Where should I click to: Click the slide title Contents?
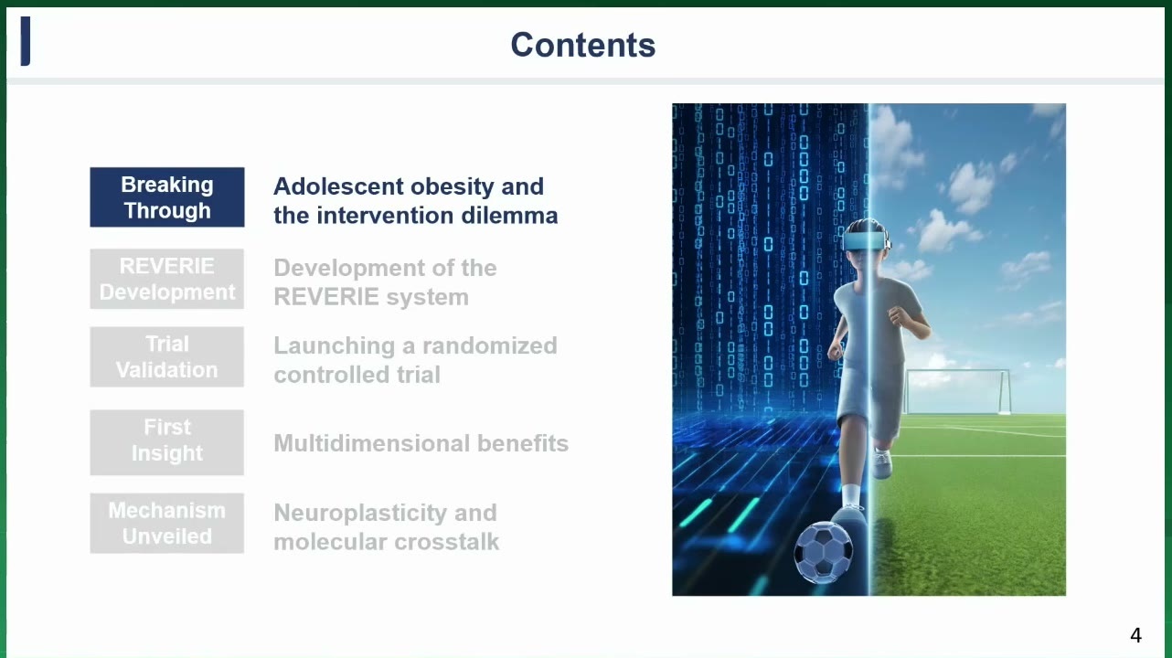pyautogui.click(x=583, y=45)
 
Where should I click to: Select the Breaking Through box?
pyautogui.click(x=167, y=197)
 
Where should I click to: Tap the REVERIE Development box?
pyautogui.click(x=167, y=279)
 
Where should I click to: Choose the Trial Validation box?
pyautogui.click(x=167, y=356)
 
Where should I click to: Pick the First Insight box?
pyautogui.click(x=167, y=442)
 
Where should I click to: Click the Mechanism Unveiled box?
pyautogui.click(x=167, y=523)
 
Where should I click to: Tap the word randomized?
pyautogui.click(x=489, y=345)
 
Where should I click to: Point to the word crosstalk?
pyautogui.click(x=446, y=542)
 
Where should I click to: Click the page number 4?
pyautogui.click(x=1135, y=635)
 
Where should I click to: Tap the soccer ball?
pyautogui.click(x=823, y=552)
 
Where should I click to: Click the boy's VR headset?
pyautogui.click(x=864, y=241)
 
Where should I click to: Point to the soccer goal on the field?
pyautogui.click(x=957, y=392)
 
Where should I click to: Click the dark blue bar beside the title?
pyautogui.click(x=26, y=41)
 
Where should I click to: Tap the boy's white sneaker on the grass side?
pyautogui.click(x=881, y=463)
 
